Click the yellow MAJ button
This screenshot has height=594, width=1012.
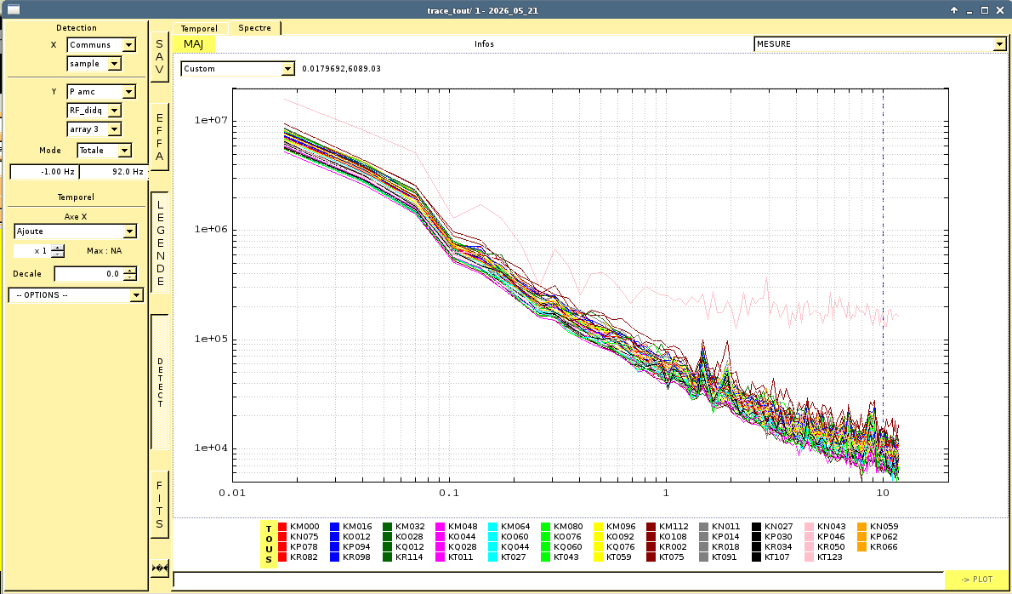[193, 44]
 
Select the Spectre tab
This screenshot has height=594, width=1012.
[254, 28]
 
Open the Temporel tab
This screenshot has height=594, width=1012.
[199, 28]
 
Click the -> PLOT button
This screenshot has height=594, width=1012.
[976, 580]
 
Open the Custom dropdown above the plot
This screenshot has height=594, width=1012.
[237, 68]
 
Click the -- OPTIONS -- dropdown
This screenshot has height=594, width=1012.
[76, 295]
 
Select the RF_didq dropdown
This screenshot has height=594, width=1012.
[94, 111]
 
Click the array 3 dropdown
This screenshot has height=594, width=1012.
[94, 129]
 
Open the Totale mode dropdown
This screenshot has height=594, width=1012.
[105, 151]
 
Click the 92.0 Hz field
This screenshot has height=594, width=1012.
[113, 172]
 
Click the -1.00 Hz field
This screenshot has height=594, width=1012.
[44, 172]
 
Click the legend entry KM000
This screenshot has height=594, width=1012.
[298, 526]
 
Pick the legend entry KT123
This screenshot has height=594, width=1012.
[825, 557]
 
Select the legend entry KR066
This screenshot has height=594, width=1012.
[878, 547]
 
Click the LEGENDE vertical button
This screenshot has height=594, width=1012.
[159, 243]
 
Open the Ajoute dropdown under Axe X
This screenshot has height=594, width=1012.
[76, 231]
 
